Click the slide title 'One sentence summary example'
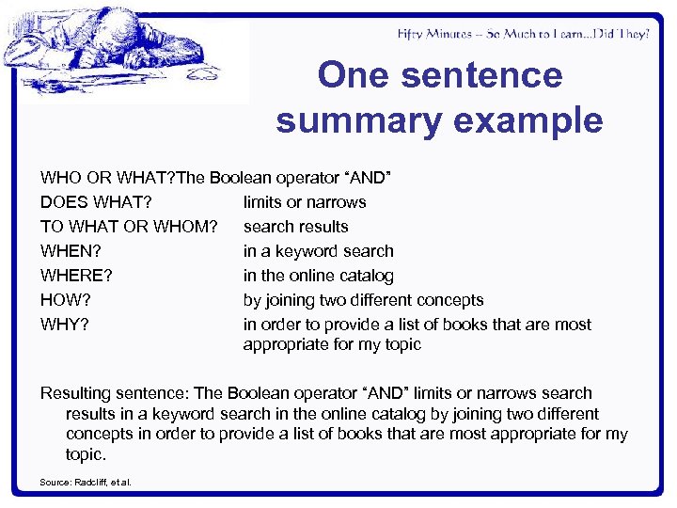pos(439,98)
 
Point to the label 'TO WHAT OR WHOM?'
pos(129,227)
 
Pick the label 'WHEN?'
pos(71,251)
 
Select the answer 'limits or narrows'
pos(305,202)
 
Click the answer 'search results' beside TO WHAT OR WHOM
pos(295,227)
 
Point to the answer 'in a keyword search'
pos(318,251)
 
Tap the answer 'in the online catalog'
pos(318,276)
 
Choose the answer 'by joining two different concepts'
pos(363,300)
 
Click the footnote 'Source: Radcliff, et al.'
pos(86,483)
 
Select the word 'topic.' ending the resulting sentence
pos(86,454)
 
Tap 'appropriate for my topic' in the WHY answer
pos(332,344)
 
